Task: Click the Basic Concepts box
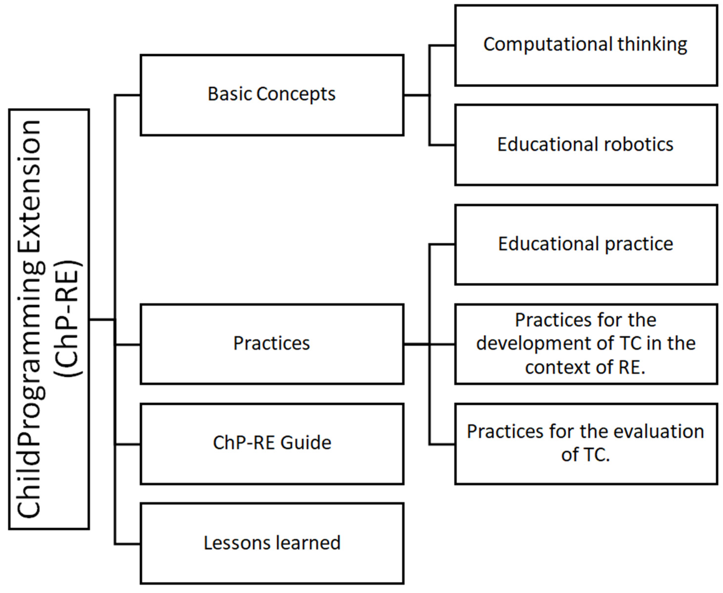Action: coord(272,95)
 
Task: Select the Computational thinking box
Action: coord(586,45)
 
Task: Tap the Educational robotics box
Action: coord(586,145)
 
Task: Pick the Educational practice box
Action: coord(586,245)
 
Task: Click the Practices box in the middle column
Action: coord(272,344)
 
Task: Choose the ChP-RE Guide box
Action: coord(272,443)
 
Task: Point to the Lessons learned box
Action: coord(272,543)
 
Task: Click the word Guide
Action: coord(306,443)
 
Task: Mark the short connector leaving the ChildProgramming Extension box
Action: coord(102,320)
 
